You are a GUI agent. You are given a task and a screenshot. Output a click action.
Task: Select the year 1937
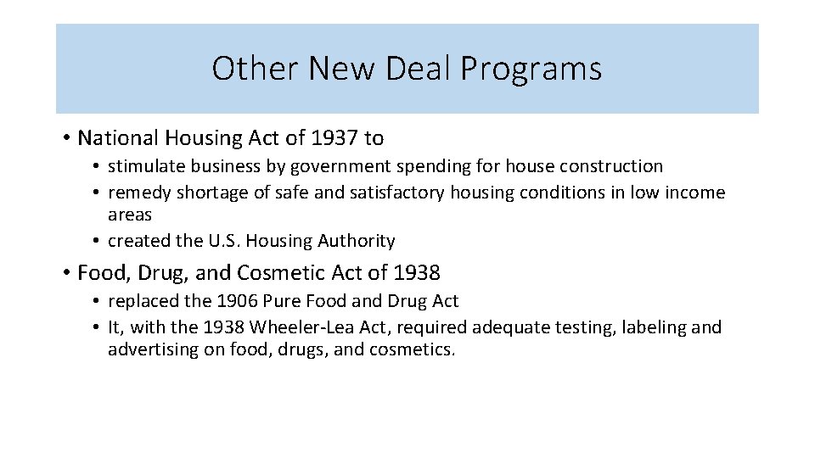click(x=334, y=137)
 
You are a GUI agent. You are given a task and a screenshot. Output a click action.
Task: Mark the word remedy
click(x=139, y=193)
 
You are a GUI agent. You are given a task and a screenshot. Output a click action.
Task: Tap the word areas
click(x=130, y=215)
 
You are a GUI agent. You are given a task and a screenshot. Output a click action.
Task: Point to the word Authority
click(x=357, y=241)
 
